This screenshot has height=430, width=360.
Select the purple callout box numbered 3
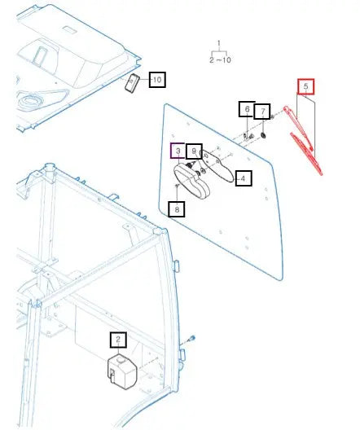point(177,151)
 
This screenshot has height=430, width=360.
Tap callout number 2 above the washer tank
point(119,340)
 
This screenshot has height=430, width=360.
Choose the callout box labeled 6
point(245,110)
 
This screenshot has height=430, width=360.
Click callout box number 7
point(262,112)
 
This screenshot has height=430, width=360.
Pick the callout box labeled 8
point(178,208)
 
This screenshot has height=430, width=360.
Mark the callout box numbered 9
point(194,151)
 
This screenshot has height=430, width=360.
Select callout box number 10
point(157,79)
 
